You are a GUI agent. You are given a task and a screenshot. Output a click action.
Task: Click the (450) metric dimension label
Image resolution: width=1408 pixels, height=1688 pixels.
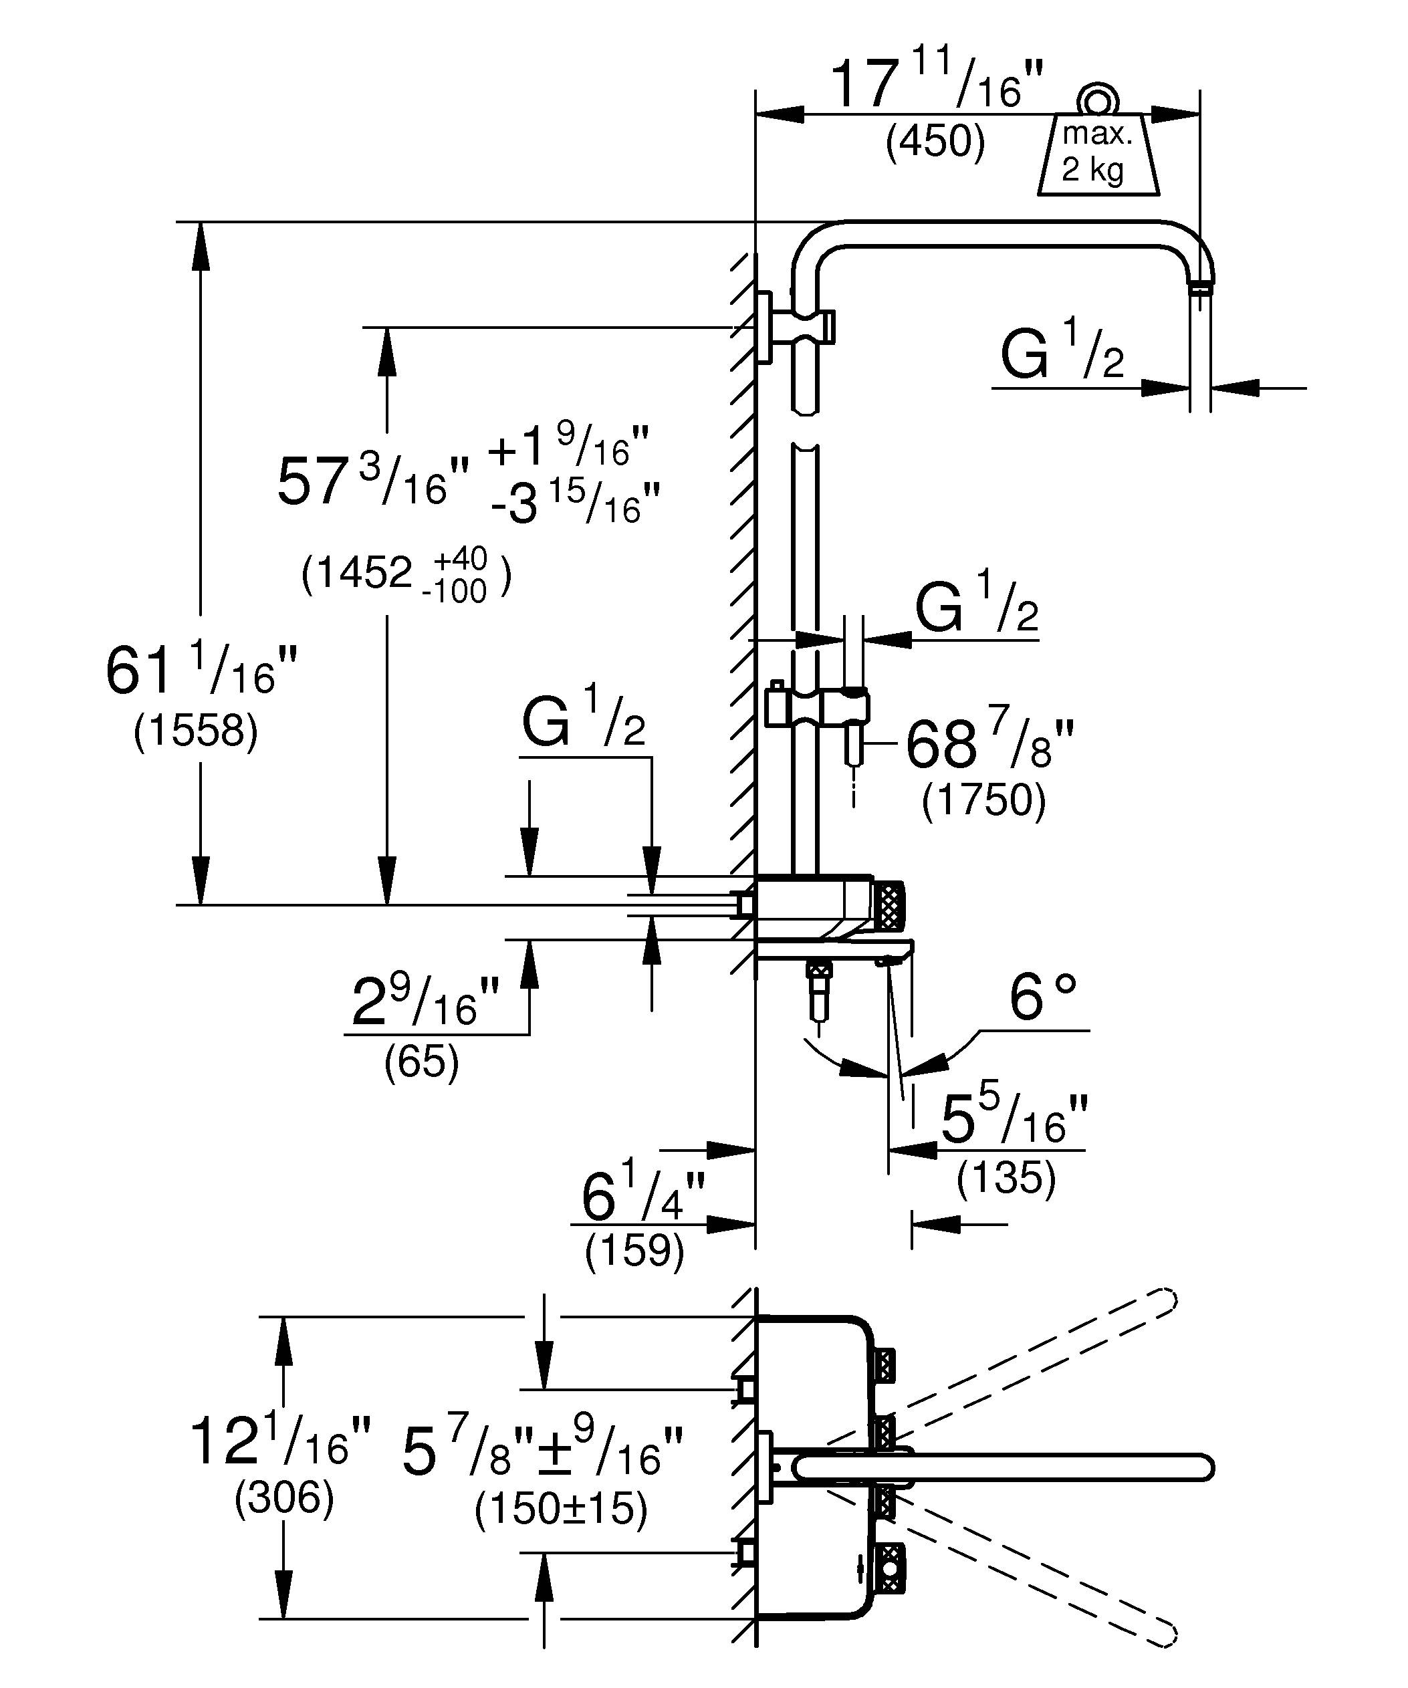pos(935,142)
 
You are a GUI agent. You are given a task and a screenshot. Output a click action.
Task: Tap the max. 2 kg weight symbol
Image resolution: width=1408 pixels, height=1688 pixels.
pos(1098,152)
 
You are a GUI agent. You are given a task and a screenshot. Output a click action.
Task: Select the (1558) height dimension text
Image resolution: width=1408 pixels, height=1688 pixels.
pos(196,731)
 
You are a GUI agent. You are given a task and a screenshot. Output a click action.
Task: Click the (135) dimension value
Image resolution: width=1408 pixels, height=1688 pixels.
pos(1006,1179)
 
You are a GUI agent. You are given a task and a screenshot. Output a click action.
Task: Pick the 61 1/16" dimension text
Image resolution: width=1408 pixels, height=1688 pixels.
pos(201,672)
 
